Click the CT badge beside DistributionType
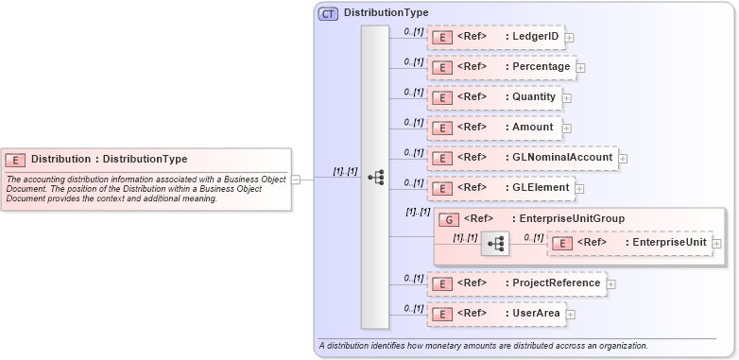click(x=328, y=13)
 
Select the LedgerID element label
click(x=535, y=37)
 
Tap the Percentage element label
click(x=541, y=67)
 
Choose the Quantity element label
click(x=534, y=97)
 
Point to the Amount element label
click(x=533, y=128)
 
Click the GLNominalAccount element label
click(x=562, y=158)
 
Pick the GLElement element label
click(x=541, y=188)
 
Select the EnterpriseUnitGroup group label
click(x=569, y=219)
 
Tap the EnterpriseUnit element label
click(x=669, y=243)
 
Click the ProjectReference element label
click(x=556, y=283)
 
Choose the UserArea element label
click(x=536, y=313)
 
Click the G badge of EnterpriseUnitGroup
click(x=451, y=220)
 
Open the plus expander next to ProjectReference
click(x=610, y=283)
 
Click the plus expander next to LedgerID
click(x=570, y=38)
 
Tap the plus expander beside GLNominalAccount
click(x=623, y=159)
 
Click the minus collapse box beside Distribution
click(x=296, y=178)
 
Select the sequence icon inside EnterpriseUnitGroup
click(x=493, y=245)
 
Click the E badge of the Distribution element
click(x=16, y=160)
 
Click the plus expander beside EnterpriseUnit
click(x=717, y=244)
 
